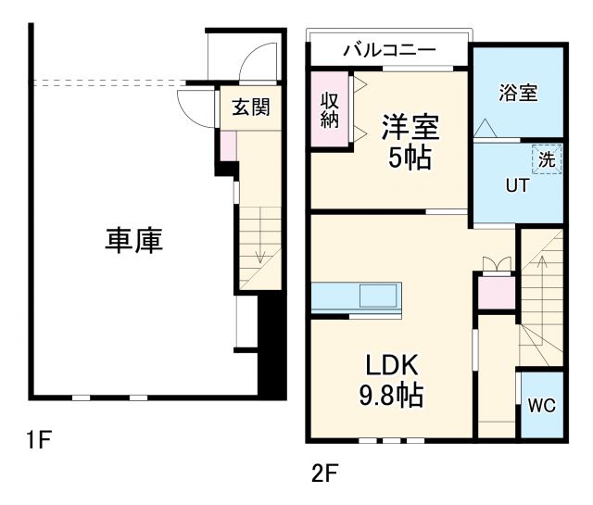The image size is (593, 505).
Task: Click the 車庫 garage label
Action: (133, 241)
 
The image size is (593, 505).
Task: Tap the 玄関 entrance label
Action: (250, 107)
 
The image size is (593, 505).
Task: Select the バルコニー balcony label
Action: (388, 51)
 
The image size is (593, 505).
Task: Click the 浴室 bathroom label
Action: (518, 93)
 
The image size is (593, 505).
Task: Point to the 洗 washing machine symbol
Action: (547, 159)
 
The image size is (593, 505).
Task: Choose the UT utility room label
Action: (516, 185)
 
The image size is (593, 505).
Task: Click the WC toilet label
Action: (540, 405)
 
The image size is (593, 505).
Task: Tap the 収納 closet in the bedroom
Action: (329, 109)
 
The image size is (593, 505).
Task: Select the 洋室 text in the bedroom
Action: (409, 125)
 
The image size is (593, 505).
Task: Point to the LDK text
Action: (391, 363)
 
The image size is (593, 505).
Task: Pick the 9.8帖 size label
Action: (391, 397)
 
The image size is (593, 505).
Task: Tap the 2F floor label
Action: (323, 475)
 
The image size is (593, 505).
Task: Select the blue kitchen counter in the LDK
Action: (357, 297)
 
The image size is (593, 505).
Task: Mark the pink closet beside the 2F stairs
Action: (496, 292)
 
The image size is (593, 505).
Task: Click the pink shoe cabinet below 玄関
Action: (228, 145)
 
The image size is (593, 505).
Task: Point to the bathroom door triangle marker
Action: (485, 130)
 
